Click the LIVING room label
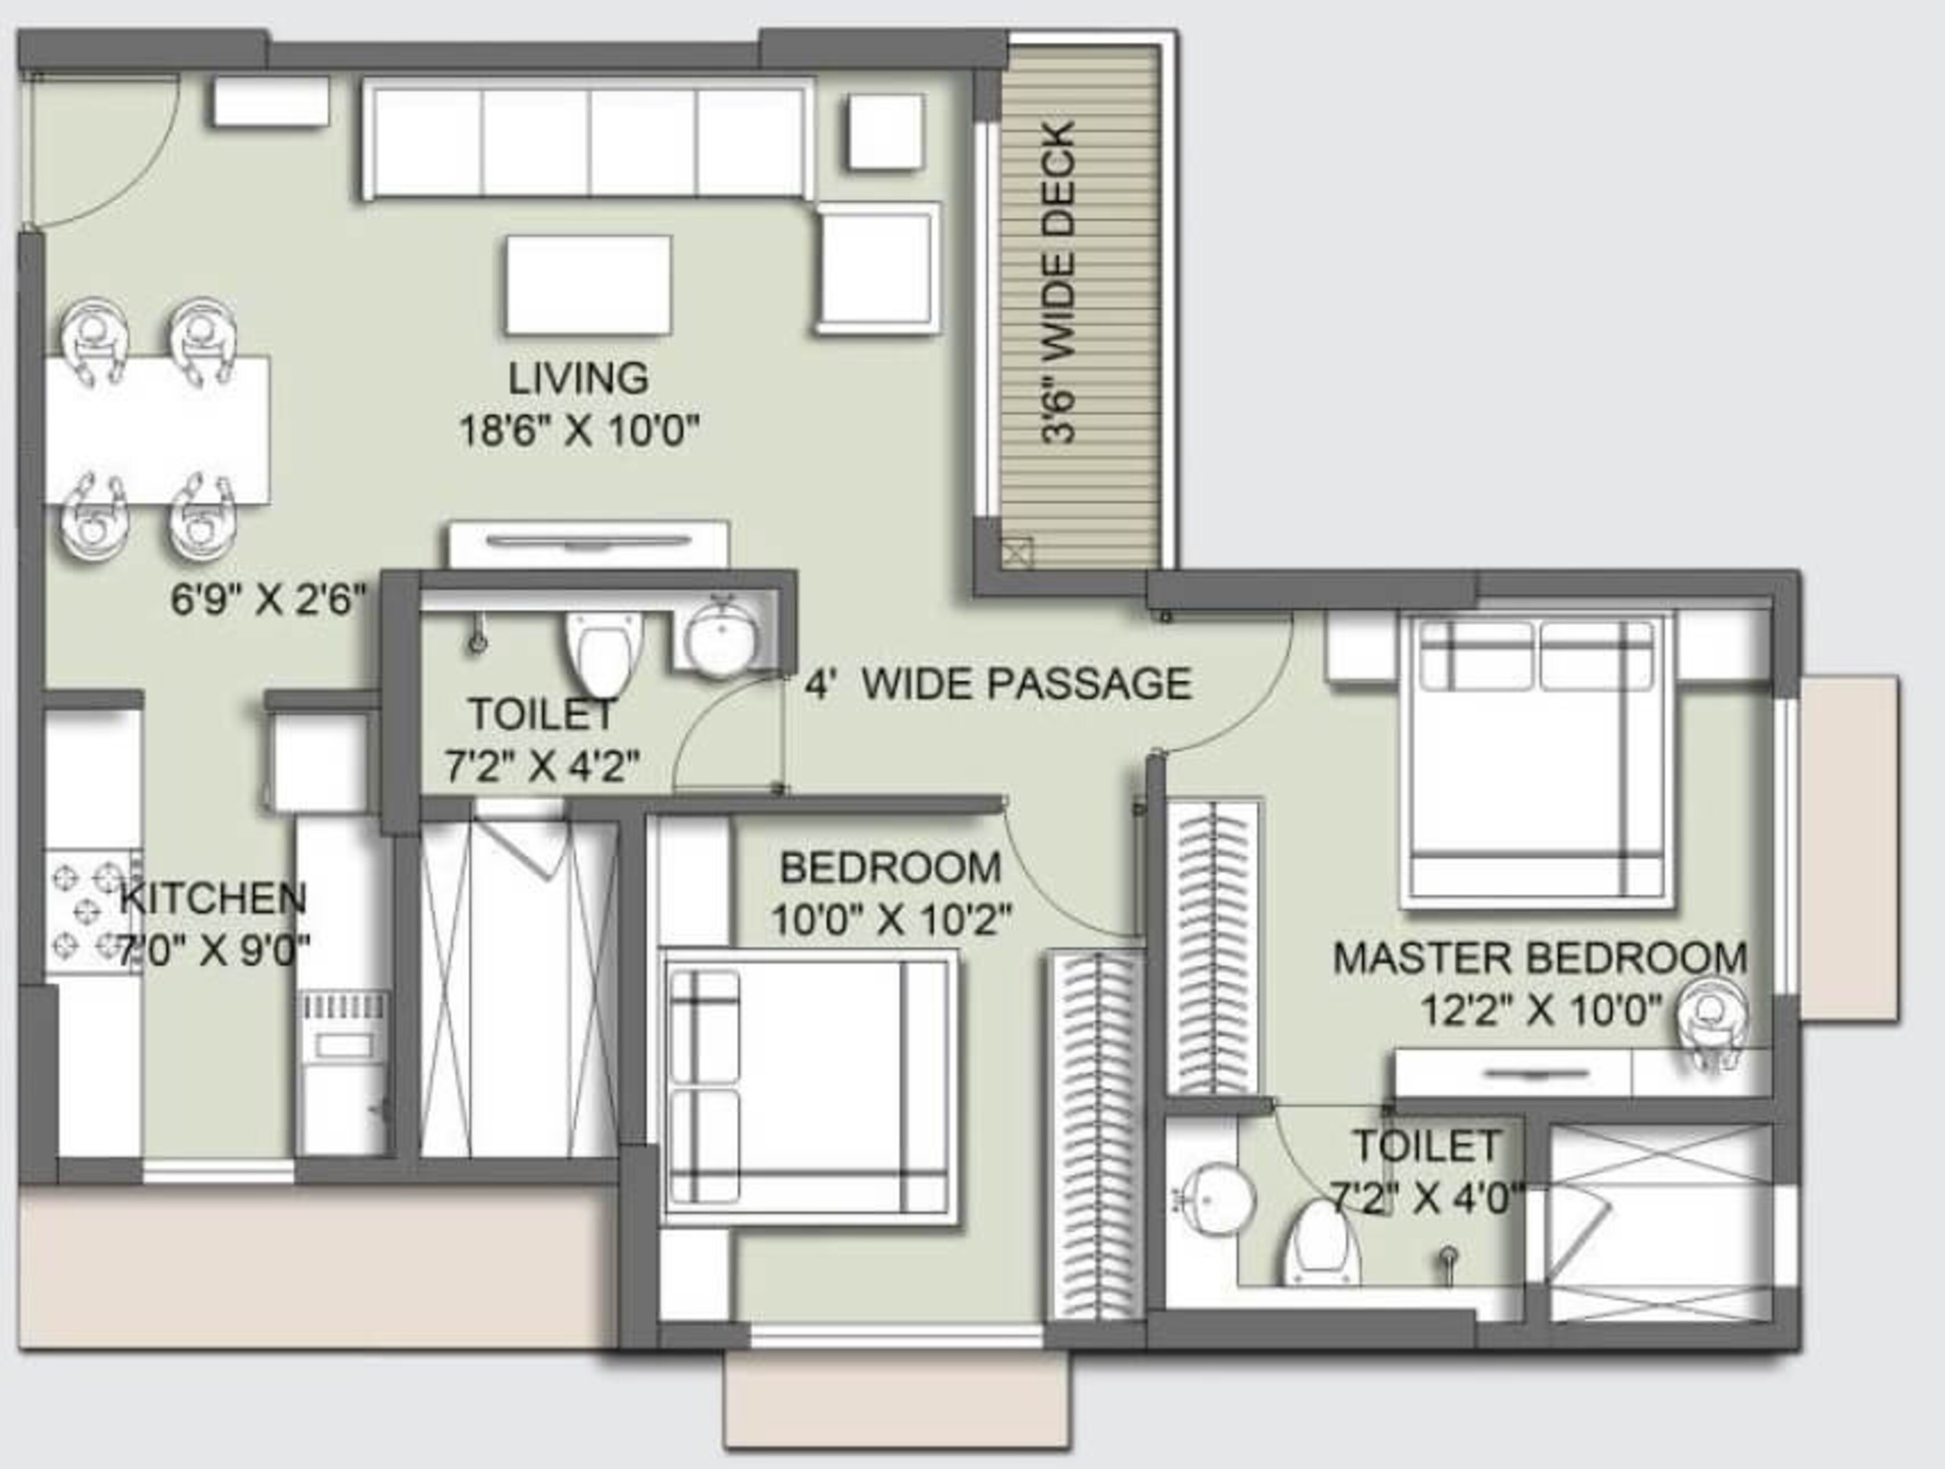pyautogui.click(x=578, y=378)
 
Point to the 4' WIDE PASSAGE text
pyautogui.click(x=998, y=683)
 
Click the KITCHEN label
pyautogui.click(x=213, y=898)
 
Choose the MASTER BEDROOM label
pyautogui.click(x=1540, y=958)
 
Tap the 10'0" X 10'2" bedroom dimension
pyautogui.click(x=891, y=921)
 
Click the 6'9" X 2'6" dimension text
pyautogui.click(x=267, y=600)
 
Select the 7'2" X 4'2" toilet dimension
pyautogui.click(x=541, y=766)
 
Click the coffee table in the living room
pyautogui.click(x=588, y=285)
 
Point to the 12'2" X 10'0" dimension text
pyautogui.click(x=1540, y=1011)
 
